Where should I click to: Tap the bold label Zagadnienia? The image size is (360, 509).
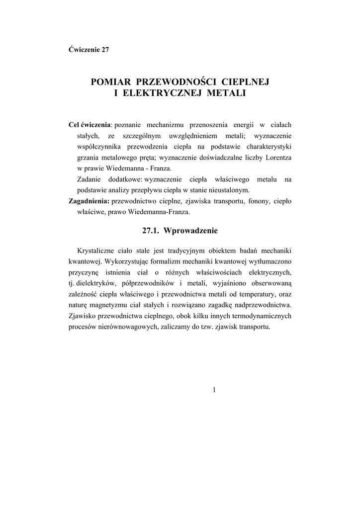(x=89, y=201)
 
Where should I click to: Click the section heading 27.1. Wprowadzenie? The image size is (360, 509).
(x=180, y=231)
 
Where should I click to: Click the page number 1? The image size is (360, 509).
(x=214, y=390)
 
